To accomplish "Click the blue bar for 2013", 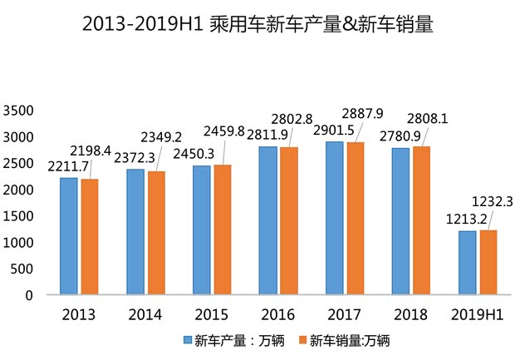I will (x=69, y=236).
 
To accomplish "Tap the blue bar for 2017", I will (x=335, y=218).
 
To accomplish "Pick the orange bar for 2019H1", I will (x=488, y=262).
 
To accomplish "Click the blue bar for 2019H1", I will (x=468, y=263).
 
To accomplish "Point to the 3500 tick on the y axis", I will (x=18, y=111).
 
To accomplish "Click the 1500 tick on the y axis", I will (x=18, y=216).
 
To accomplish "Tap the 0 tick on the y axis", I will (x=29, y=295).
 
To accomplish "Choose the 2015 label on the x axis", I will (x=212, y=314).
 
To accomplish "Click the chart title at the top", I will (x=257, y=24).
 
